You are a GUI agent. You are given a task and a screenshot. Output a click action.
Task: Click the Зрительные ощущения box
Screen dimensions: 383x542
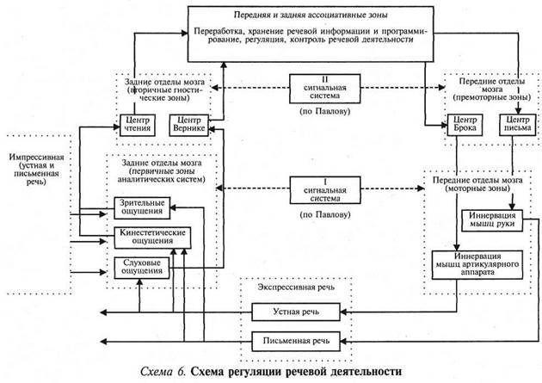pyautogui.click(x=140, y=207)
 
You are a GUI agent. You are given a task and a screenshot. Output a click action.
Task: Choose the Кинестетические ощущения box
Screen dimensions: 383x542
pyautogui.click(x=151, y=236)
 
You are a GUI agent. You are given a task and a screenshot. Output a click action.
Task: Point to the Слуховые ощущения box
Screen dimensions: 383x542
pyautogui.click(x=139, y=266)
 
